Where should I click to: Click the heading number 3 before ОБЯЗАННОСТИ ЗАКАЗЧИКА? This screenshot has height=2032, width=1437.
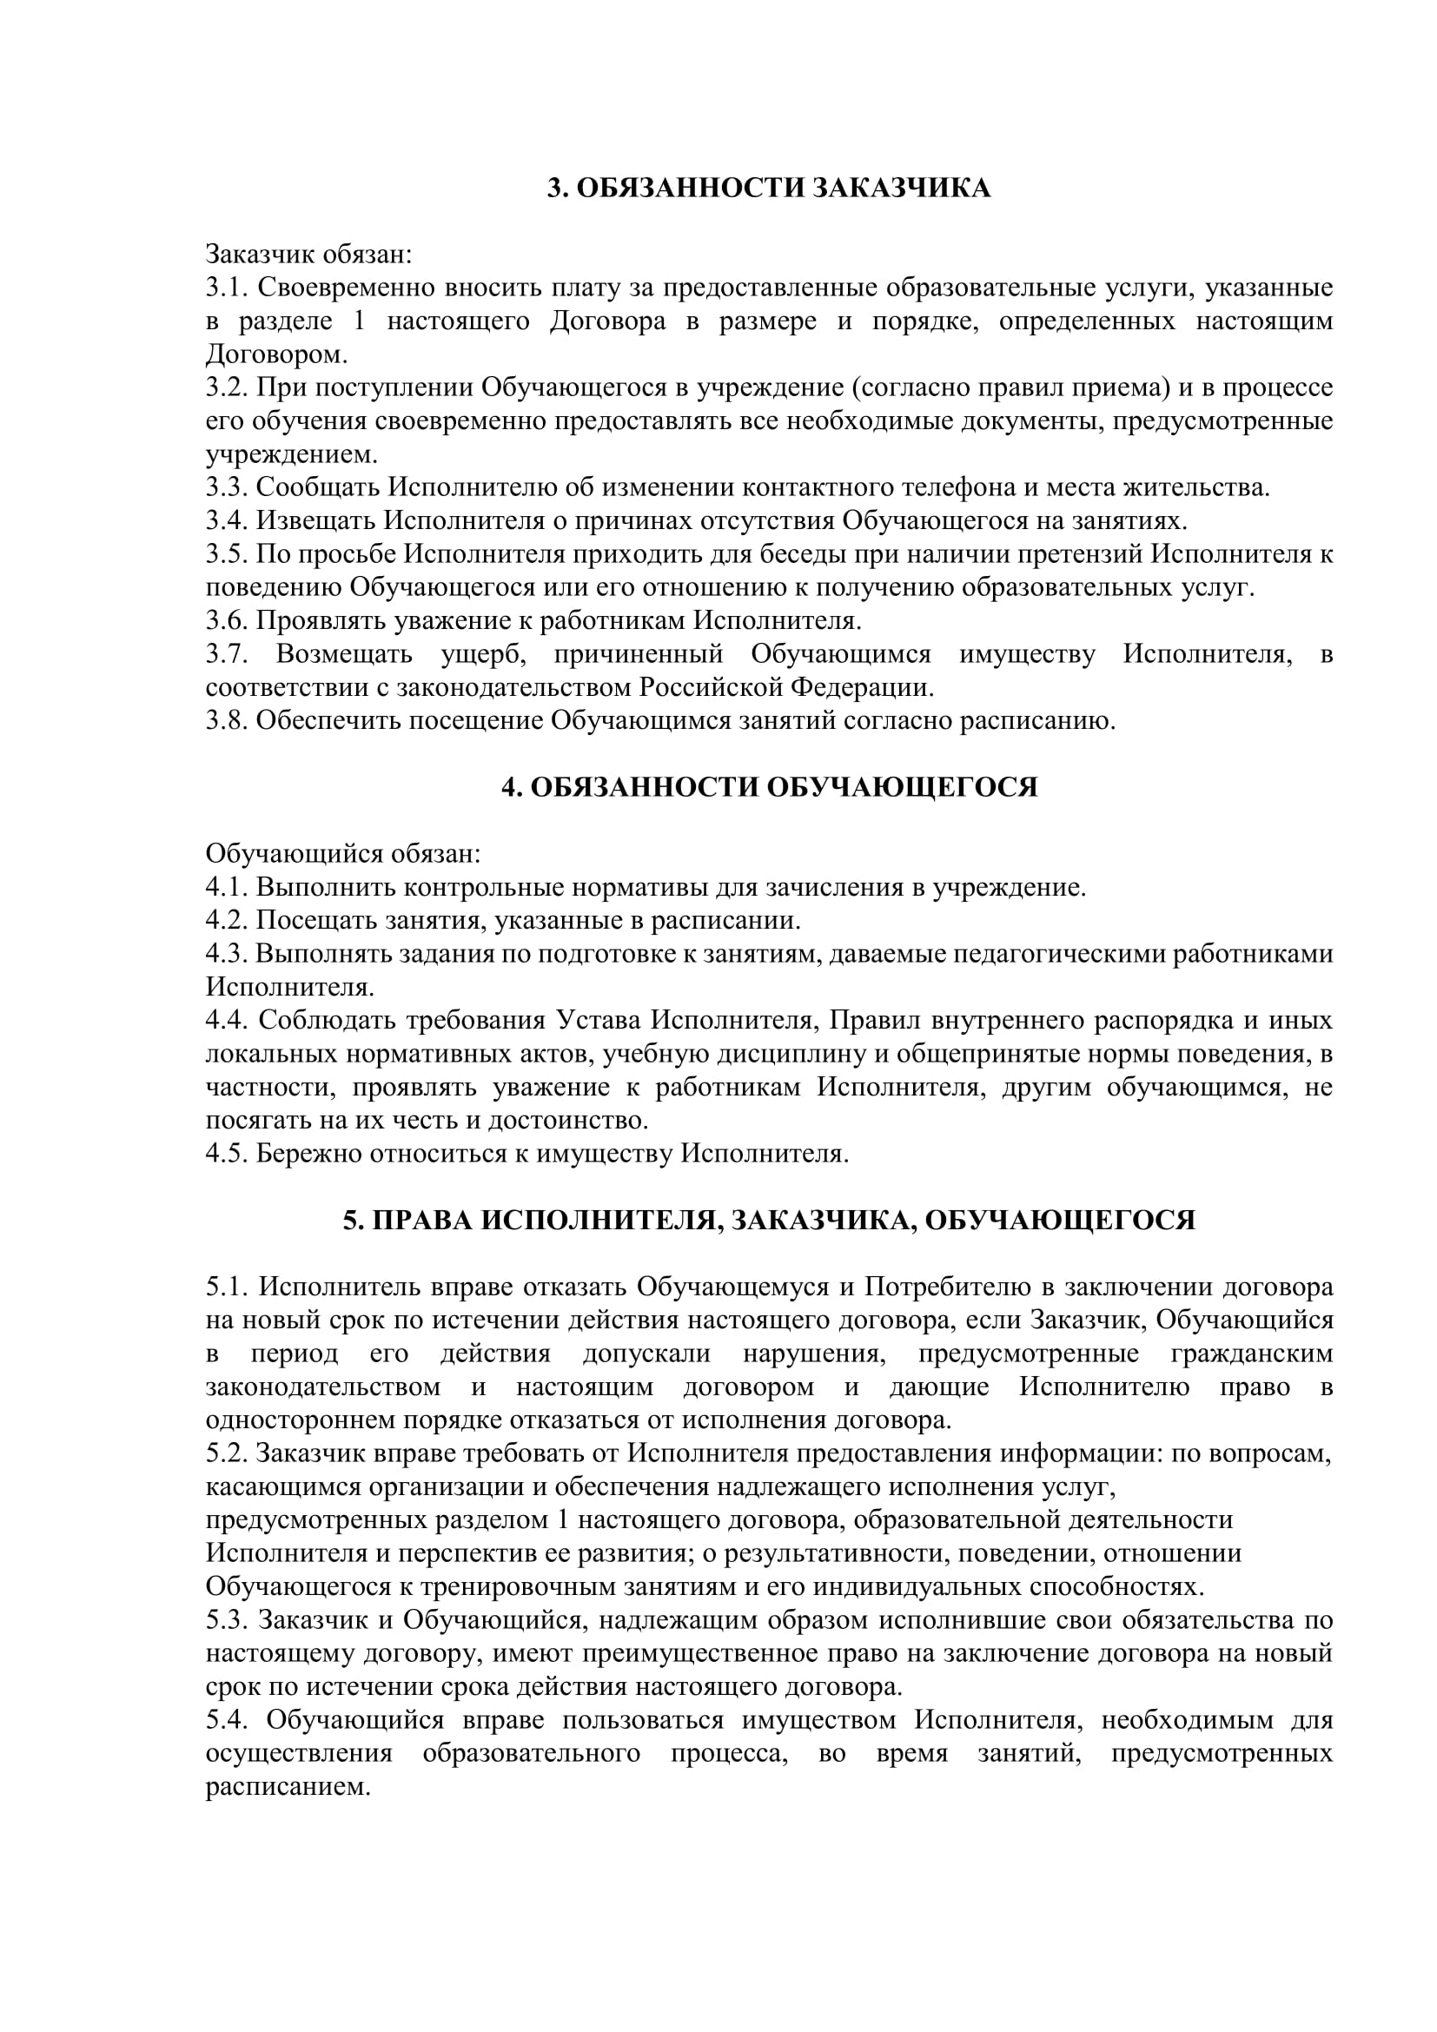point(556,189)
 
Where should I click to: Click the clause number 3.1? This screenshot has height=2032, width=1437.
point(228,288)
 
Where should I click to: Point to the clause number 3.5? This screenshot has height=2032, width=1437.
point(228,555)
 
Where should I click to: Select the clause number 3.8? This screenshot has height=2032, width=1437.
point(228,721)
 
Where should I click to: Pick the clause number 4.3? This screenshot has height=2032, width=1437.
point(228,954)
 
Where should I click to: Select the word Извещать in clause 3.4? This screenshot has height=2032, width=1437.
point(315,521)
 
